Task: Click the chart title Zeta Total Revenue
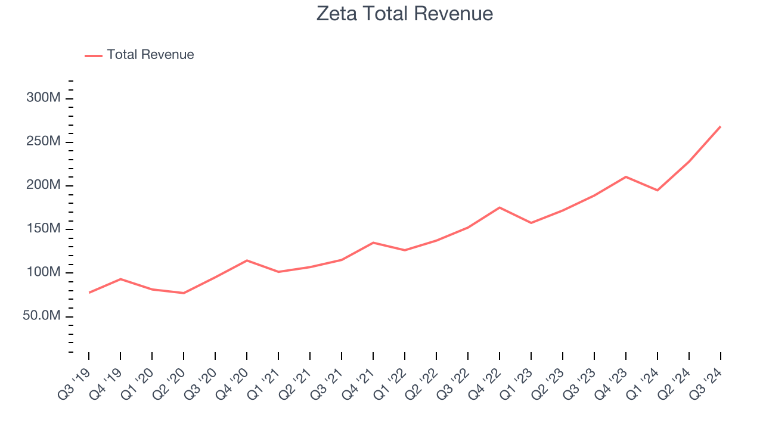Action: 405,14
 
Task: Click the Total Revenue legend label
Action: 150,55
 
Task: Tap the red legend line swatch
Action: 94,55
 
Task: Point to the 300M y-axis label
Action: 43,98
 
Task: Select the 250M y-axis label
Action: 43,142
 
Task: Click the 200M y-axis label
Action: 43,185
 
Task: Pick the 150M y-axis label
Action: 43,229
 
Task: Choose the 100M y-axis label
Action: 43,272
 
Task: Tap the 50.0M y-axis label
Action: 42,316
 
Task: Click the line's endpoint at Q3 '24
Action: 720,127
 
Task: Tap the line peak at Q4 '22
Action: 500,207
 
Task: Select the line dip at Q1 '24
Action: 657,190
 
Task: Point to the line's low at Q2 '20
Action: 184,293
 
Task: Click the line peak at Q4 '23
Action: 626,177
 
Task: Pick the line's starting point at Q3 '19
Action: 89,293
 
